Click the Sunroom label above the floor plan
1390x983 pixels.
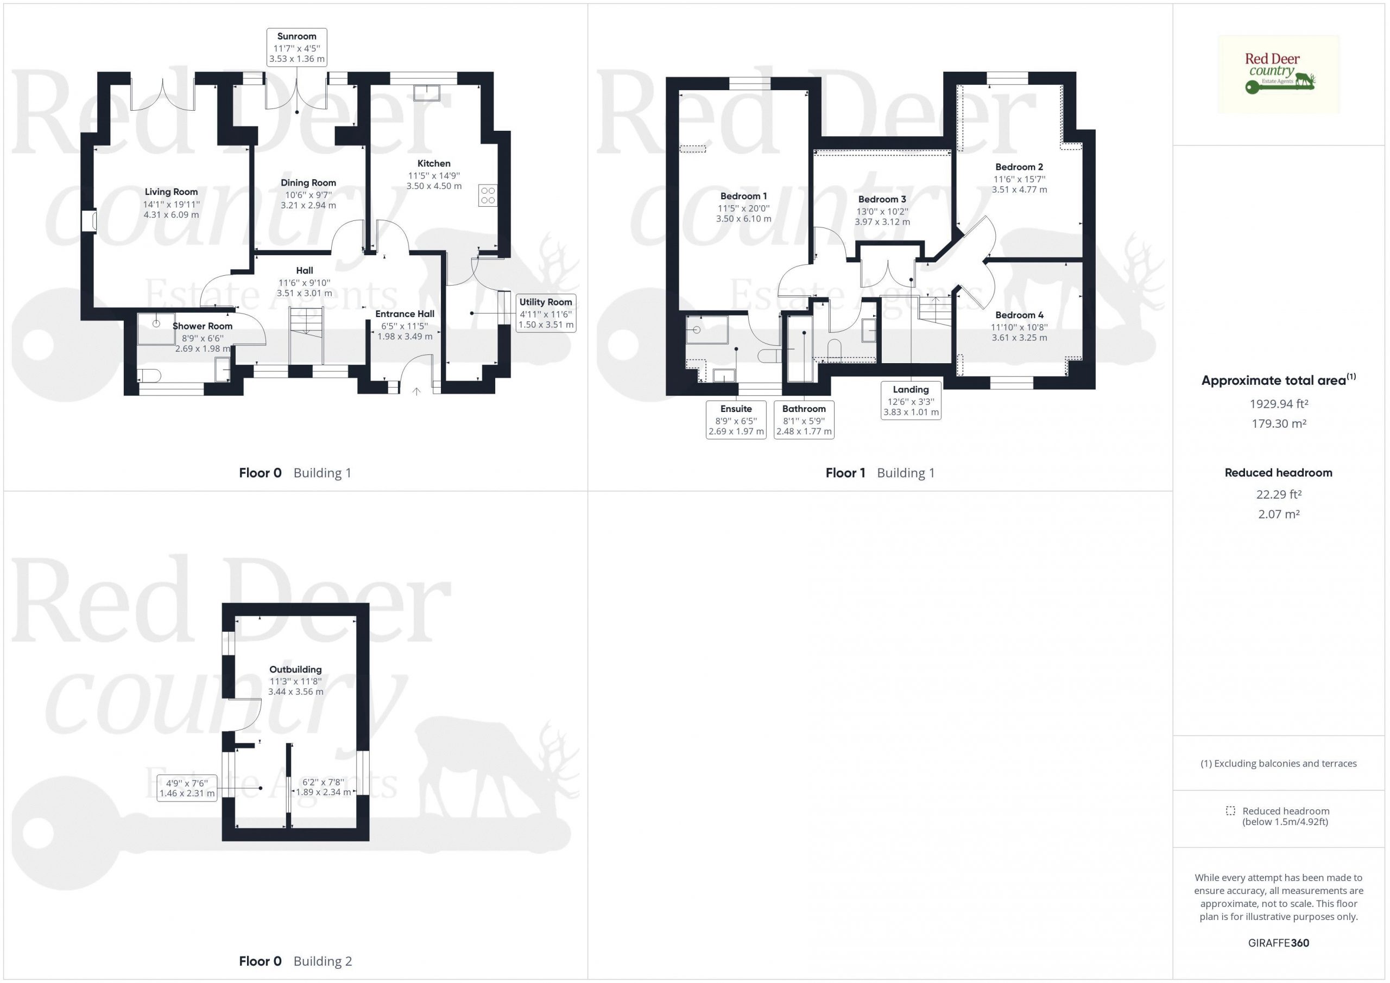(296, 36)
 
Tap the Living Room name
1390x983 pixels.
(172, 192)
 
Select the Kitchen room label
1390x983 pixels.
(434, 163)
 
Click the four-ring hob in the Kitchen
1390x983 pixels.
(488, 195)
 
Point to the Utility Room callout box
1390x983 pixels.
(546, 313)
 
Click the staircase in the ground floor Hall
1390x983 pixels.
(306, 335)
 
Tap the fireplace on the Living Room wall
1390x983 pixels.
(90, 220)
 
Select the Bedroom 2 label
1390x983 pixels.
(1020, 167)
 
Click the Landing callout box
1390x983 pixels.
(911, 400)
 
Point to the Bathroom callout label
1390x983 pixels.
(804, 409)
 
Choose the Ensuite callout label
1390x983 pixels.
(736, 409)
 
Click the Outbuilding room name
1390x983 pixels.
(295, 669)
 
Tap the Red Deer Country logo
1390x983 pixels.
(1279, 74)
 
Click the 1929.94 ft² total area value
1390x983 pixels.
(1279, 404)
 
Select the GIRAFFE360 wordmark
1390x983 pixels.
(1279, 942)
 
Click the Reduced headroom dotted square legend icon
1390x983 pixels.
(1230, 810)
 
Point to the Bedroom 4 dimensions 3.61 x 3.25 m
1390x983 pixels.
(1020, 338)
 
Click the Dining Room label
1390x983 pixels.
(308, 183)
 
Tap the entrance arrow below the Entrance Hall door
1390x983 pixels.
(416, 392)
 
